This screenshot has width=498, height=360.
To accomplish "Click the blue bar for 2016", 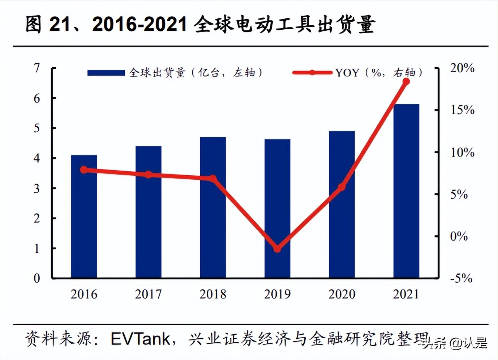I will tap(84, 217).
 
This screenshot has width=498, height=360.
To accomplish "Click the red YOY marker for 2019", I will tap(277, 249).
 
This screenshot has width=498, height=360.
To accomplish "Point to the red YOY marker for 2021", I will tap(406, 82).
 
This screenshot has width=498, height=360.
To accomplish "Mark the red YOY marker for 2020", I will tap(342, 187).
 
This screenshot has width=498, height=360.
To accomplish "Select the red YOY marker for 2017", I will tap(148, 175).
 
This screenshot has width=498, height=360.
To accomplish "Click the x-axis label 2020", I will tap(342, 294).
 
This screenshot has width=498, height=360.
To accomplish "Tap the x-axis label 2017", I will tap(148, 294).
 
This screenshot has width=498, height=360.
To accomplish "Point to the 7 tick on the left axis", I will tap(37, 68).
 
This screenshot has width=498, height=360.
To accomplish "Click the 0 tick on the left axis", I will tap(37, 278).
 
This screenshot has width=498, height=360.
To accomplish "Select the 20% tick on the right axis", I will tap(462, 68).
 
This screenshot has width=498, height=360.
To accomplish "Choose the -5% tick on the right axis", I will tap(461, 278).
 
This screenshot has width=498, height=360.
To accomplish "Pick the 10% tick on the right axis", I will tap(462, 152).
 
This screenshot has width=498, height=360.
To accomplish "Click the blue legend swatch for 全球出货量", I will tap(106, 73).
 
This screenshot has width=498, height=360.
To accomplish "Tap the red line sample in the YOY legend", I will tap(312, 73).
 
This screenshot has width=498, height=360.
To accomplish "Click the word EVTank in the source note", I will tap(140, 339).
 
